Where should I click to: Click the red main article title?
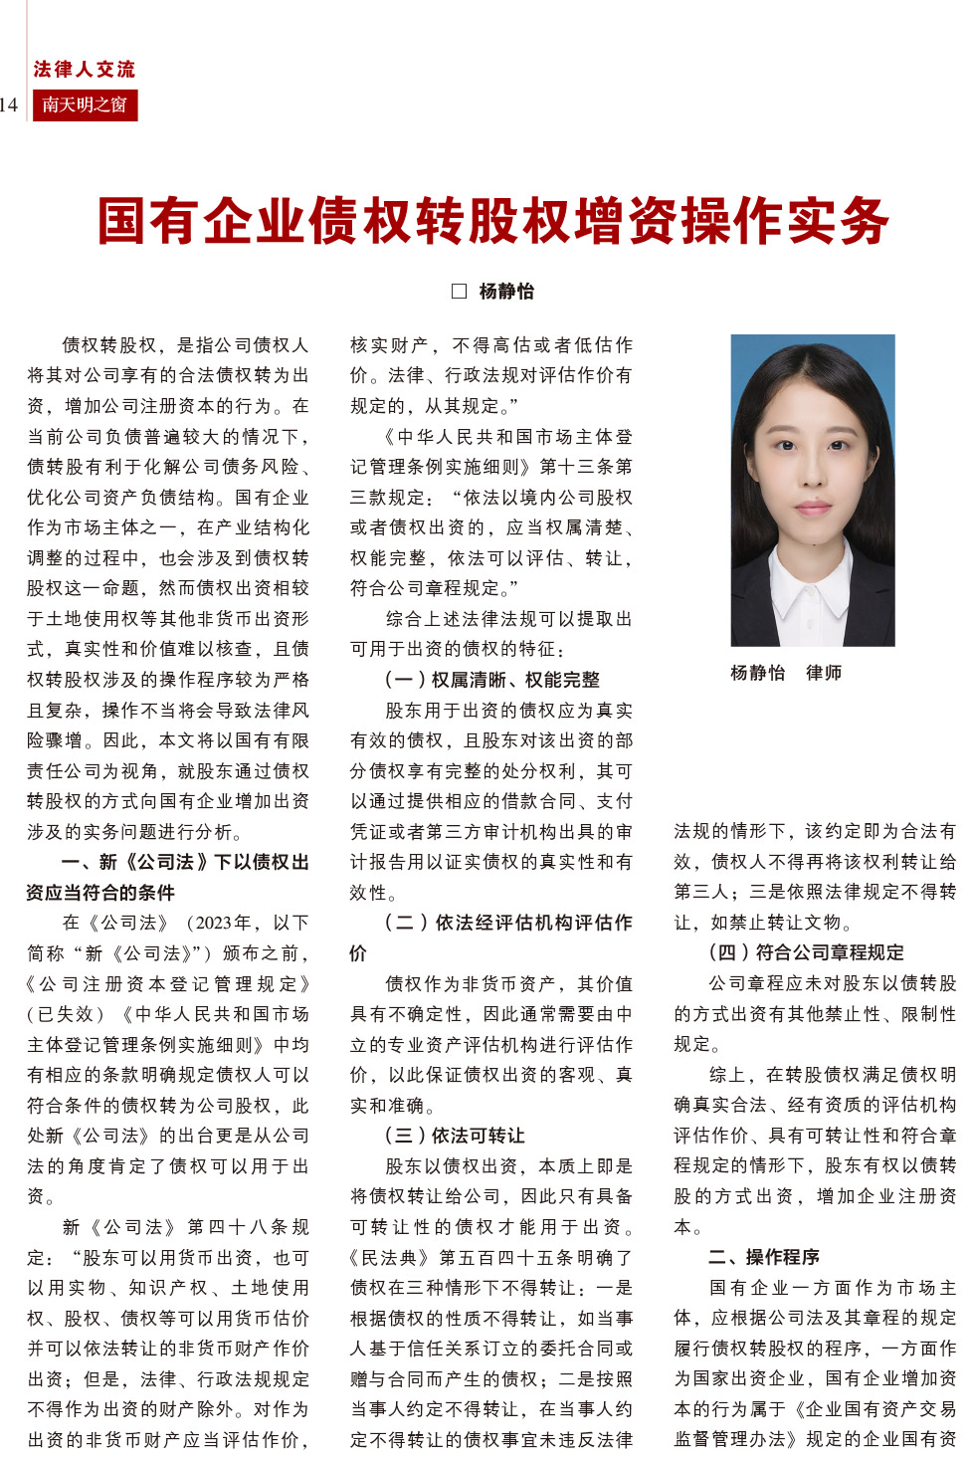coord(492,221)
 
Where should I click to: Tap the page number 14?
coord(9,105)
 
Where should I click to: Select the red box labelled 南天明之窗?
coord(85,105)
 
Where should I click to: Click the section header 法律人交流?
coord(84,69)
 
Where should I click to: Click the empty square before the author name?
coord(459,291)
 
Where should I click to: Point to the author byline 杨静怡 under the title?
coord(506,291)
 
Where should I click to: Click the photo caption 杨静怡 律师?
coord(785,673)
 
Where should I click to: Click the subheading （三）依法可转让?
coord(455,1136)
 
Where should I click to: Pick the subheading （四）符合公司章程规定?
coord(806,952)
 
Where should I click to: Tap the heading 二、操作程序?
coord(764,1257)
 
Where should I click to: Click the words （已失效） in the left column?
coord(66,1014)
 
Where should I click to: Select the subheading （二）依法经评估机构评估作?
coord(508,923)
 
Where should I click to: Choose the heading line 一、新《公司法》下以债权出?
coord(185,862)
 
